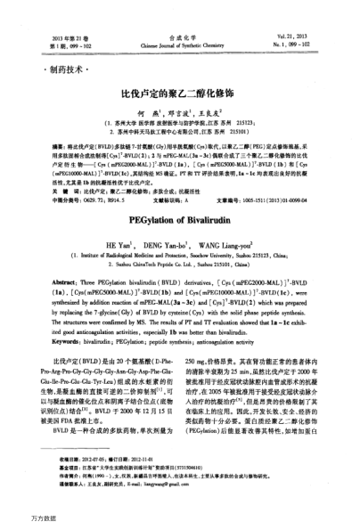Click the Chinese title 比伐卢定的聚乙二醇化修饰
pos(179,90)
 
